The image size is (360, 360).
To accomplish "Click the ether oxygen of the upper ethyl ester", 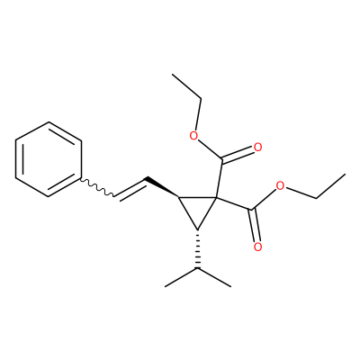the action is pyautogui.click(x=194, y=136).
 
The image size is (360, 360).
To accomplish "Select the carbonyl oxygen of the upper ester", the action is pyautogui.click(x=257, y=148).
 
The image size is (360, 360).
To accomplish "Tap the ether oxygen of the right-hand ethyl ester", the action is pyautogui.click(x=280, y=186).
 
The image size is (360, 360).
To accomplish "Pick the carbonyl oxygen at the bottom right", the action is pyautogui.click(x=257, y=247).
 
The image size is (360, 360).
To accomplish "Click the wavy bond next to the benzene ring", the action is pyautogui.click(x=97, y=188).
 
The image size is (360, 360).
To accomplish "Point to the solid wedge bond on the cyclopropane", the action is pyautogui.click(x=161, y=187).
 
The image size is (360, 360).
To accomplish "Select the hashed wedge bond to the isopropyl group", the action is pyautogui.click(x=197, y=248).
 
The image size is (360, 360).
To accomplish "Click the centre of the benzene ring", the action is pyautogui.click(x=49, y=159).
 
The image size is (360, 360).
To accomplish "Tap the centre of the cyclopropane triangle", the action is pyautogui.click(x=197, y=208).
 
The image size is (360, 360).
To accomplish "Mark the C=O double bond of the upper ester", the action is pyautogui.click(x=238, y=153).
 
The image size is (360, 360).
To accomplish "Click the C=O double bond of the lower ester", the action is pyautogui.click(x=254, y=225).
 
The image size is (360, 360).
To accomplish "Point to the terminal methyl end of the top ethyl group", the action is pyautogui.click(x=173, y=75).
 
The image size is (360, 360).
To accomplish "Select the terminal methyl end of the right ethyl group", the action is pyautogui.click(x=345, y=174).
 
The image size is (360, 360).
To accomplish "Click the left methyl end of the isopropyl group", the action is pyautogui.click(x=166, y=286).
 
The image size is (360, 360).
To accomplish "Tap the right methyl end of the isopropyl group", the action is pyautogui.click(x=230, y=286).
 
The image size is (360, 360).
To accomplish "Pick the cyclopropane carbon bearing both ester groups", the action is pyautogui.click(x=216, y=197).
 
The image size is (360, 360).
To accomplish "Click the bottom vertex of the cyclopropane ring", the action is pyautogui.click(x=197, y=229).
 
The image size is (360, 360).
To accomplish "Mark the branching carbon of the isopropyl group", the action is pyautogui.click(x=197, y=268).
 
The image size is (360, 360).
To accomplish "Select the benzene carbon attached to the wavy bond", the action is pyautogui.click(x=81, y=178).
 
